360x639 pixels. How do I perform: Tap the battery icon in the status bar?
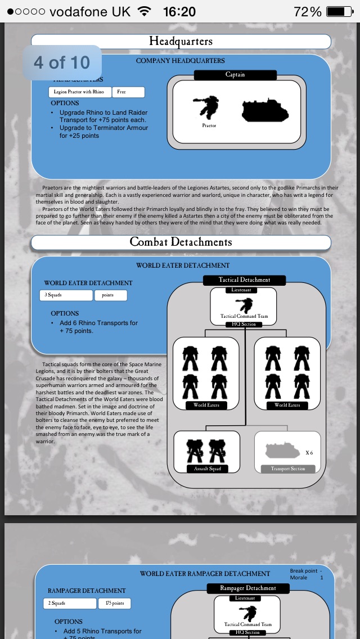pos(339,11)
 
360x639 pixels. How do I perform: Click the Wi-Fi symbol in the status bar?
pos(145,11)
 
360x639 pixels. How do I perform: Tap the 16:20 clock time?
pos(179,11)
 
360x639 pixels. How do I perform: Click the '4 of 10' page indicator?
pos(62,62)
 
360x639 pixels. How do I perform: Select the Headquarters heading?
pos(181,41)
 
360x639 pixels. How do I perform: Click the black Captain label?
pos(235,74)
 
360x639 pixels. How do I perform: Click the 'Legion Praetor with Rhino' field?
pos(79,92)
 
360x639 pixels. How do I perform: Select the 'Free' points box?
pos(128,92)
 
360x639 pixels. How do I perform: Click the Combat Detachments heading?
pos(181,242)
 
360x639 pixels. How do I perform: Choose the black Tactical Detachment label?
pos(244,280)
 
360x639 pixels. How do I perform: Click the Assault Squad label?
pos(208,469)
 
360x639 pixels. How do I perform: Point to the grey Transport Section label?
pos(287,469)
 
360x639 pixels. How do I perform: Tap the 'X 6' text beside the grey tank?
pos(309,453)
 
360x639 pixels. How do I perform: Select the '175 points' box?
pos(115,603)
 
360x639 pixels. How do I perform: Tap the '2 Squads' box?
pos(70,603)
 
